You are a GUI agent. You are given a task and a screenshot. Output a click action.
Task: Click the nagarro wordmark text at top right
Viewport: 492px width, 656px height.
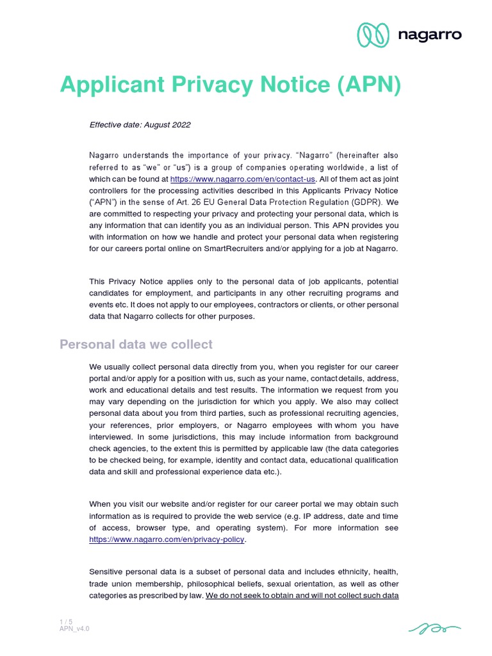coord(429,35)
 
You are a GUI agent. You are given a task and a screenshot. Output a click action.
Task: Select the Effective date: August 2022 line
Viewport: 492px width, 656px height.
coord(140,125)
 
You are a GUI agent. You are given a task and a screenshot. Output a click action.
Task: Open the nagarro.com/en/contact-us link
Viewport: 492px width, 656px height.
coord(243,180)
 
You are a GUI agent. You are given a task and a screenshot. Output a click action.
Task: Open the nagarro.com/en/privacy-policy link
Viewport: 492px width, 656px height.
coord(167,540)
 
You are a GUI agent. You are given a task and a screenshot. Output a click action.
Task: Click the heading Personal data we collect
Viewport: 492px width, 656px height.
coord(136,345)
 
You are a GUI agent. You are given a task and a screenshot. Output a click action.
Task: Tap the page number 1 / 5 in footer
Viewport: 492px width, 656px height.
coord(65,621)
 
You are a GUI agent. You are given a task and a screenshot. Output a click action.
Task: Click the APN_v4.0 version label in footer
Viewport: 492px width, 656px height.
coord(74,629)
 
